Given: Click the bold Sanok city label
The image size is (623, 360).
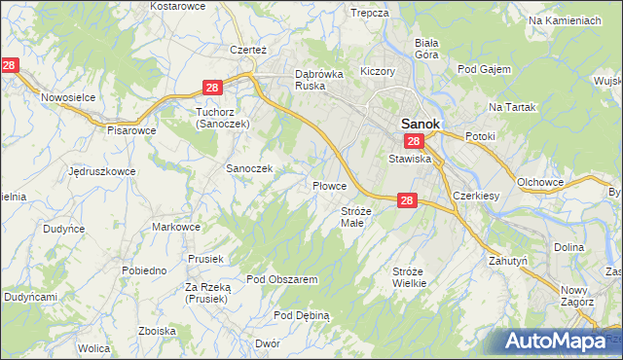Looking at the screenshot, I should (421, 125).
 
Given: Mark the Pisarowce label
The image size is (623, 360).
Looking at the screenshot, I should (131, 129).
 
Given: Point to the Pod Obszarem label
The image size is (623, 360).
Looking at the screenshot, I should (282, 279).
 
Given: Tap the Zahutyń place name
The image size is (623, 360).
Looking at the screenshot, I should (507, 261).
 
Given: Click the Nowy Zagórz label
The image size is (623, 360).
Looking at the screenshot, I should (577, 296).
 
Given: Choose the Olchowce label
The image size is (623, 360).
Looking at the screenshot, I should (542, 182).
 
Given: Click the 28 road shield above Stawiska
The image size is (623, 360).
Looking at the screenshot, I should (414, 142).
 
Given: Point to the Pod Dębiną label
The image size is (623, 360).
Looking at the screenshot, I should (302, 315).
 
